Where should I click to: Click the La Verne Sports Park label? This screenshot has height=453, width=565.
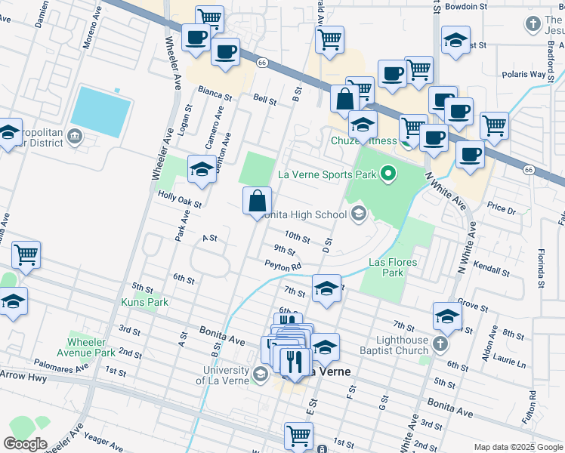tap(327, 174)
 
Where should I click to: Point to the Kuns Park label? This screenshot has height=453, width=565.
tap(145, 302)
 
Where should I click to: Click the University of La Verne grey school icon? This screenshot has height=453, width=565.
tap(260, 374)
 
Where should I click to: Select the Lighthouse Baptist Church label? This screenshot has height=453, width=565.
tap(394, 345)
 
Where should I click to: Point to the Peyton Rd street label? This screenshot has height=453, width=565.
tap(283, 265)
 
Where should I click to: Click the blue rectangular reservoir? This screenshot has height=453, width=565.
tap(101, 111)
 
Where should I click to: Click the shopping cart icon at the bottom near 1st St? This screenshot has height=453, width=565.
tap(298, 435)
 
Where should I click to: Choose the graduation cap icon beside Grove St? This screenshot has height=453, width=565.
tap(447, 316)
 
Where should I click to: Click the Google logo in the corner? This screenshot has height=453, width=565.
tap(25, 444)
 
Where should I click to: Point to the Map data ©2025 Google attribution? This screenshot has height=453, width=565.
tap(517, 447)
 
